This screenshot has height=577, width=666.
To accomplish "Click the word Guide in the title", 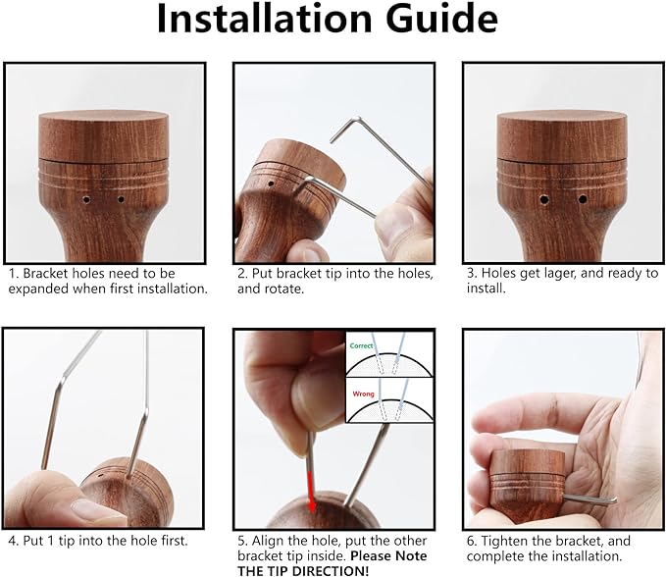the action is pos(441,19).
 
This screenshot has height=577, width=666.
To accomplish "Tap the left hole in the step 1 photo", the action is pos(86,199).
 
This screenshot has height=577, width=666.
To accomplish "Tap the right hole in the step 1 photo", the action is pos(121,199).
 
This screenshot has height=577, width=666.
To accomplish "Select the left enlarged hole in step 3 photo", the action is pos(544,199).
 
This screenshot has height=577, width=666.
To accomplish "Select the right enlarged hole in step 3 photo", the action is pos(583,199).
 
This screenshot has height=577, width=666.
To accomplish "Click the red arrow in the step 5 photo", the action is pos(311,491).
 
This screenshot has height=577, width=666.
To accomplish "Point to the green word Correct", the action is pos(361,345).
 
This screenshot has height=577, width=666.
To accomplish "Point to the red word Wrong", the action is pos(363,393).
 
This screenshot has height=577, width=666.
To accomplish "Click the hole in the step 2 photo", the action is pos(271,184).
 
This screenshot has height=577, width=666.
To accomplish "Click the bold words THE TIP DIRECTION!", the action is pos(303,571).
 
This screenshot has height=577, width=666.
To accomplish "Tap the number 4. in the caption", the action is pos(14,541).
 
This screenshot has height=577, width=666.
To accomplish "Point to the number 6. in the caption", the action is pos(473,542).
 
